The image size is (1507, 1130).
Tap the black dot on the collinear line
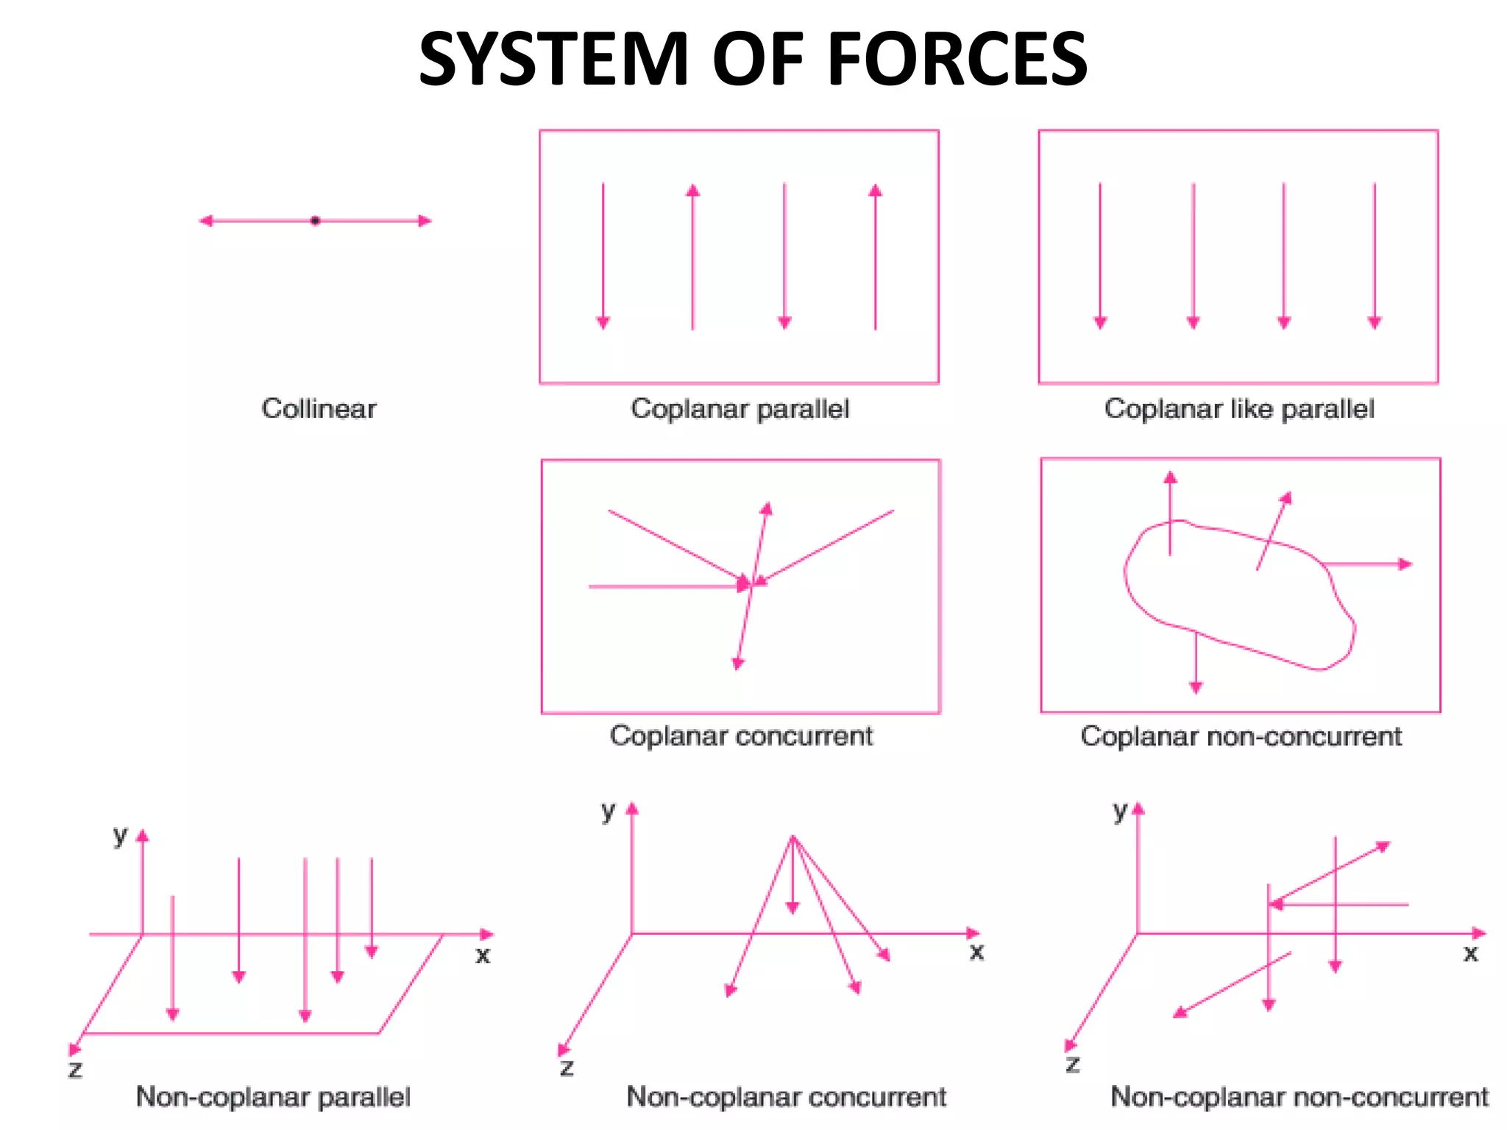(315, 221)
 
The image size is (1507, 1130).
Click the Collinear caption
(319, 408)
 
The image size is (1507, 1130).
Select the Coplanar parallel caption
(740, 408)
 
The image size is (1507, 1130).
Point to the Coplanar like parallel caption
(1239, 408)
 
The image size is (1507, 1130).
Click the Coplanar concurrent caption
(741, 736)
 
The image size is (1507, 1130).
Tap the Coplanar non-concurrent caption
(1241, 736)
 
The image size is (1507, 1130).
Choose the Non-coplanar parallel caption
(273, 1096)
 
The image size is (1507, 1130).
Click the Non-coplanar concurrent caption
(786, 1096)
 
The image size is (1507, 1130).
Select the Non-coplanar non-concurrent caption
(1299, 1096)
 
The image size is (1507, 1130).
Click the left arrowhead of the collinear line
(206, 221)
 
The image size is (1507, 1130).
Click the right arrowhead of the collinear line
(425, 221)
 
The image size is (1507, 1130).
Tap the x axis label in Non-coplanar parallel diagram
(483, 956)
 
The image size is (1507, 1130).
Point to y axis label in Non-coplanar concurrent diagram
(607, 811)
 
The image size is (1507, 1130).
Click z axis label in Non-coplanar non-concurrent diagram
(1073, 1064)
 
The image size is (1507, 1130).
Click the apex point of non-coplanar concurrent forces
(792, 836)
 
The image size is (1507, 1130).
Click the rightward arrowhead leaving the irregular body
(1405, 564)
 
